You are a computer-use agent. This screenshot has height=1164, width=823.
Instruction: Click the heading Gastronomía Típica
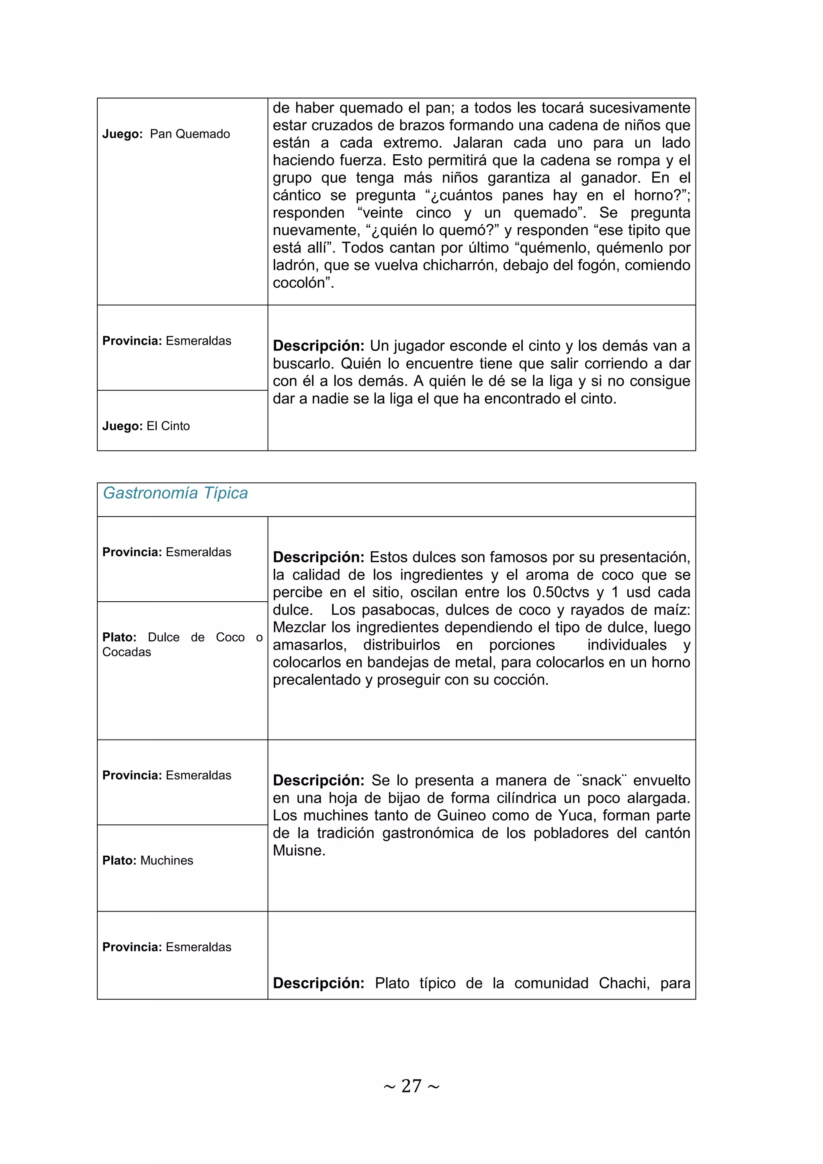175,493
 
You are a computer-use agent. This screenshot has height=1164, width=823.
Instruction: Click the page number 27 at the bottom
411,1086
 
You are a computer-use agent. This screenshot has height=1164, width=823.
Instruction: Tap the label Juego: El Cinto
146,426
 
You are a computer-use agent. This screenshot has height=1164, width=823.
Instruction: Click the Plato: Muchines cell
147,860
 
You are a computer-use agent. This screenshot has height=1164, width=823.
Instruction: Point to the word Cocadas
127,652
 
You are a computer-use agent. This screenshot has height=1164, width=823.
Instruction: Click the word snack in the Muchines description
602,781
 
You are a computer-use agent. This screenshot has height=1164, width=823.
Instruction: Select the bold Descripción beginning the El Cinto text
318,346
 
